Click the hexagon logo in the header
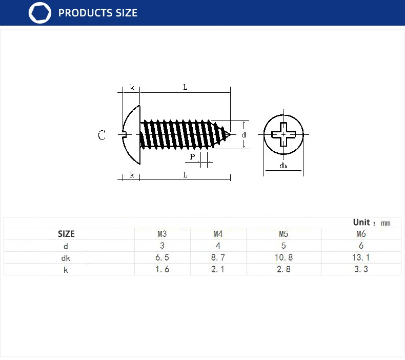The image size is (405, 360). click(x=40, y=13)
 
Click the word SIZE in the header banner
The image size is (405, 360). click(x=126, y=13)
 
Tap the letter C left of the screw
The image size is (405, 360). click(x=102, y=135)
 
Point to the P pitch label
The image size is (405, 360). click(x=192, y=156)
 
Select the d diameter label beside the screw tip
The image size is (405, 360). click(x=244, y=135)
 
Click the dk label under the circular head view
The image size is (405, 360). click(x=283, y=166)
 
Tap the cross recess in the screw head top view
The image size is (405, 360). click(x=283, y=134)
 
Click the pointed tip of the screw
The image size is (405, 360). click(x=230, y=134)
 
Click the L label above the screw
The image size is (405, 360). click(x=185, y=87)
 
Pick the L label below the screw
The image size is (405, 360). click(x=185, y=175)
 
